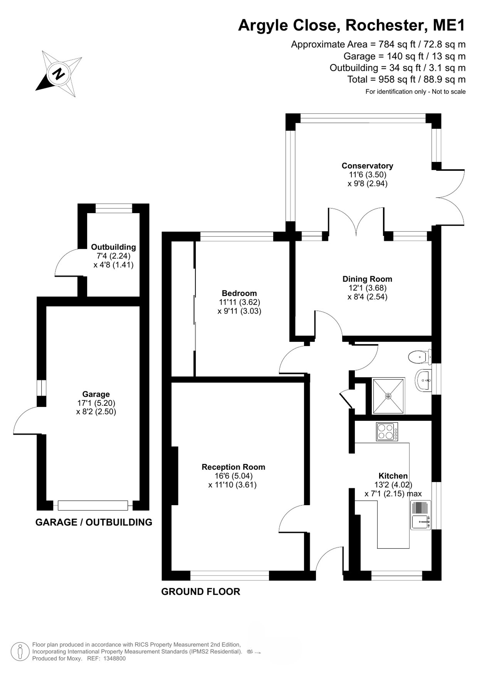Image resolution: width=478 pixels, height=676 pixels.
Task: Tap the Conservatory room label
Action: tap(367, 166)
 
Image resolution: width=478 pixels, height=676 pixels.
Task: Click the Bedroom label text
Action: tap(239, 293)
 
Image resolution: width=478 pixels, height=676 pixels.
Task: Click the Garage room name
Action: tap(96, 394)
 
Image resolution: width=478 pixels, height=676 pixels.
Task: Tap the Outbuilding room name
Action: tap(113, 247)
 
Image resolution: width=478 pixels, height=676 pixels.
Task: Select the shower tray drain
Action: tap(389, 396)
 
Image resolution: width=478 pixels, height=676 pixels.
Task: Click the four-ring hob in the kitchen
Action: tap(387, 432)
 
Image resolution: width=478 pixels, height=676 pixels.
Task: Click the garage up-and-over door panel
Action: tap(93, 506)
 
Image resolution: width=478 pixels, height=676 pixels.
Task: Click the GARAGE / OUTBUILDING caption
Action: tap(94, 522)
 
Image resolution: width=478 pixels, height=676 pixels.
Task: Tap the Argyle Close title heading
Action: tap(352, 25)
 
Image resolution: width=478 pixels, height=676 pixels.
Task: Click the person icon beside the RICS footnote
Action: tap(20, 651)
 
